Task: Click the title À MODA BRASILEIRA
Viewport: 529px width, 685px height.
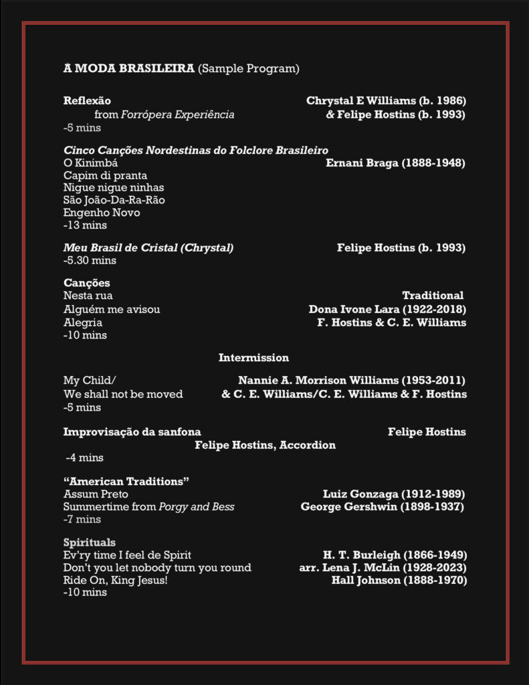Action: coord(129,68)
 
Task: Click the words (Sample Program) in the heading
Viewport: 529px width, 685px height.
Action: coord(249,68)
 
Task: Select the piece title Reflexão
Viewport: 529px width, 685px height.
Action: coord(87,101)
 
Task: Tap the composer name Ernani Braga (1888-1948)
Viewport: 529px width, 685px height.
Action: coord(395,163)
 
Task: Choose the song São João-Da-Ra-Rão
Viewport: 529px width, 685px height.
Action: coord(114,200)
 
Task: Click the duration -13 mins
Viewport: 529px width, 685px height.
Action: coord(85,225)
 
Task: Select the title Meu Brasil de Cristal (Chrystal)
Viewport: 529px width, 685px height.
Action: coord(148,248)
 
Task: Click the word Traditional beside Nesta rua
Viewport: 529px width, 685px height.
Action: coord(433,296)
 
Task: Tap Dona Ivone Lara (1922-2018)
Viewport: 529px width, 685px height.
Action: coord(387,309)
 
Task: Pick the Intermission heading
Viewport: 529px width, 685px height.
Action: coord(253,358)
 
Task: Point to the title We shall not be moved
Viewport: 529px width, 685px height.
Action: coord(123,394)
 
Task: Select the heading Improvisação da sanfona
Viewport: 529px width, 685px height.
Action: coord(132,432)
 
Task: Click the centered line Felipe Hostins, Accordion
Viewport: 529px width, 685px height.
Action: coord(265,445)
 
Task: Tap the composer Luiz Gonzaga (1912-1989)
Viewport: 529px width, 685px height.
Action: coord(394,494)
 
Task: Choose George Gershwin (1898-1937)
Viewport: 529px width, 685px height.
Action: coord(383,506)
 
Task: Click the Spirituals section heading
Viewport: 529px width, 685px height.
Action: coord(90,542)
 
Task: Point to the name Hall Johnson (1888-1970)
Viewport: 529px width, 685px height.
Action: coord(399,580)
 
